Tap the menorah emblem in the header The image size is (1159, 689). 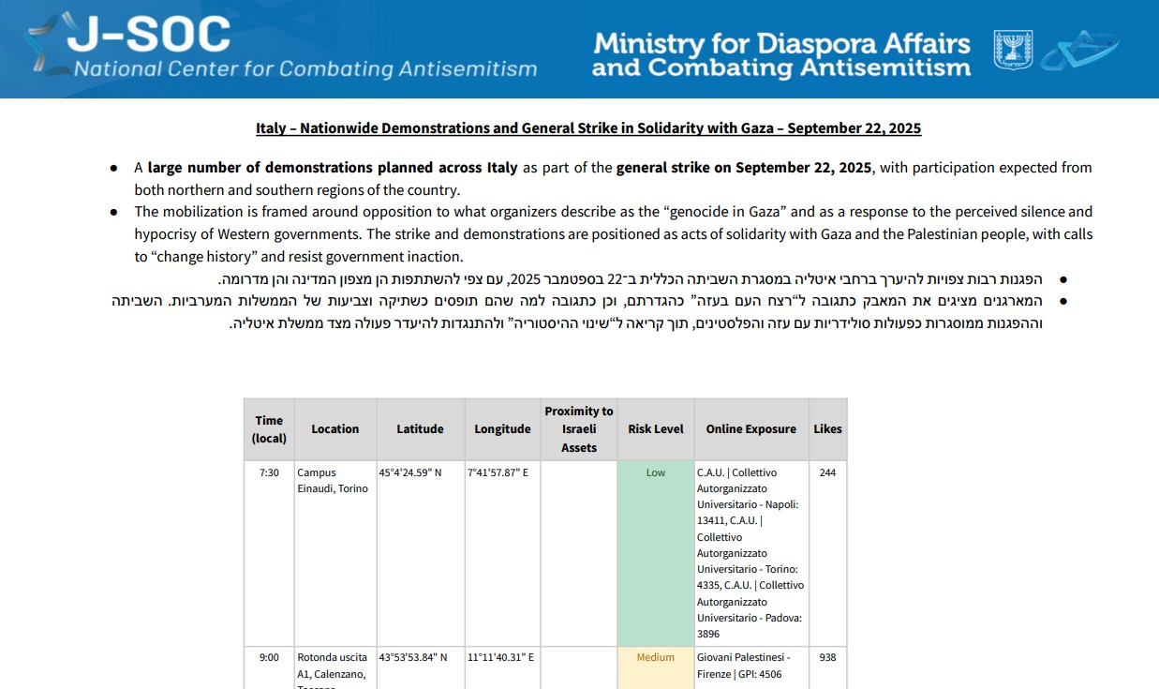1013,50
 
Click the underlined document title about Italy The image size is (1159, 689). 588,128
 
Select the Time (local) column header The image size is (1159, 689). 269,429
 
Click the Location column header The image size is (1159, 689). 335,429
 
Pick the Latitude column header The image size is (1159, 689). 420,429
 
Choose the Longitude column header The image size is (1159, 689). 502,429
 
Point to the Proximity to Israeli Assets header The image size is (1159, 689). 579,429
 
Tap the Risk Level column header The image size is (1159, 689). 656,429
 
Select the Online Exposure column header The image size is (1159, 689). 750,429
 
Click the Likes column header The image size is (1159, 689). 827,429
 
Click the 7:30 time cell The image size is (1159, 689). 269,473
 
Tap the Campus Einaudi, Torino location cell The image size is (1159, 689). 333,481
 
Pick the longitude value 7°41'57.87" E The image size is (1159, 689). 498,473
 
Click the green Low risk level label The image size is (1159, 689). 656,473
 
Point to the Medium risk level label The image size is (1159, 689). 656,658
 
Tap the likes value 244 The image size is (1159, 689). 827,473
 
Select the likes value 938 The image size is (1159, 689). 827,658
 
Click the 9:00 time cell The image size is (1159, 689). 269,658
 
